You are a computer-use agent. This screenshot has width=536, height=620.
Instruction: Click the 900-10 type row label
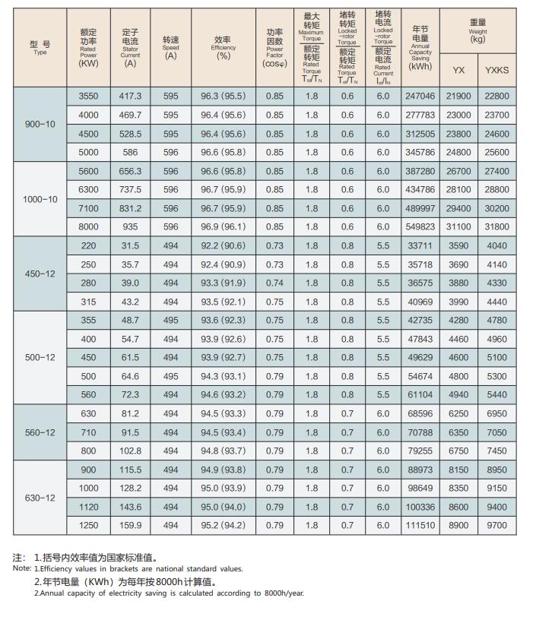tap(40, 124)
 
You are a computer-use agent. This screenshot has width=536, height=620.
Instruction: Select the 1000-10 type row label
tap(40, 199)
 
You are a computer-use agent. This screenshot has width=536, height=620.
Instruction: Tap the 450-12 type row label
tap(40, 274)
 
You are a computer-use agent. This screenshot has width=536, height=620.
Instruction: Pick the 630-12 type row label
tap(40, 498)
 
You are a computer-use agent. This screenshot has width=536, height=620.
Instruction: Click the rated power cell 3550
tap(89, 96)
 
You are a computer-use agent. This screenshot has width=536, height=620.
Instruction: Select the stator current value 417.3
tap(131, 96)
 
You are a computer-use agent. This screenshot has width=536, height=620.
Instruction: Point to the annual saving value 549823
tap(420, 226)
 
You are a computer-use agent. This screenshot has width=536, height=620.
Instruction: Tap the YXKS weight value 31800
tap(497, 226)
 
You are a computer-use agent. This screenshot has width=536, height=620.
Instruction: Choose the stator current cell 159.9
tap(131, 525)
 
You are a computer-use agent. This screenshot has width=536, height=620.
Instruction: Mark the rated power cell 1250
tap(89, 525)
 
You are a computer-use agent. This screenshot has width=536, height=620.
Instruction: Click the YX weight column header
tap(458, 70)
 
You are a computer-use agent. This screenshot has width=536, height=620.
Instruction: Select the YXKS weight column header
tap(497, 70)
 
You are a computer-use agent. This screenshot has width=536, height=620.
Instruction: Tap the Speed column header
tap(170, 48)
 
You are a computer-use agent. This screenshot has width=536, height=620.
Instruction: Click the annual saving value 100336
tap(420, 507)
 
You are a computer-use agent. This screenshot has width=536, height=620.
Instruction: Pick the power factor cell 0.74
tap(274, 283)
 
